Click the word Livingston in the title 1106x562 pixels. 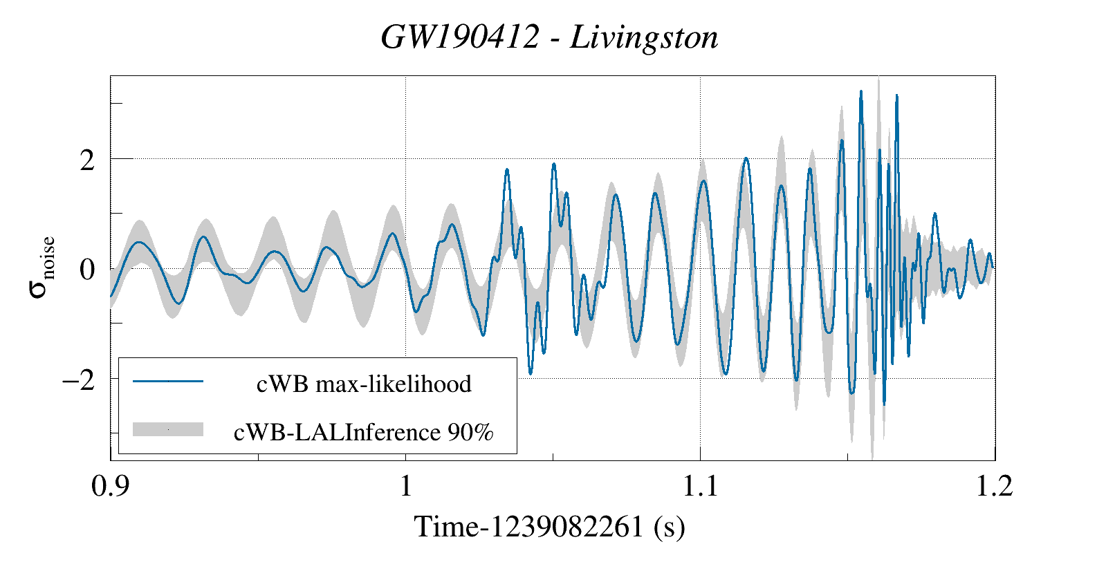point(644,37)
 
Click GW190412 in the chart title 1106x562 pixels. point(459,37)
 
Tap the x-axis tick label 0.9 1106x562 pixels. point(111,486)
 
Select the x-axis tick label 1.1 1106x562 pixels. point(700,486)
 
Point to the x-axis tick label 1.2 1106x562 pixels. point(994,486)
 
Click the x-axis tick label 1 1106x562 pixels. point(406,486)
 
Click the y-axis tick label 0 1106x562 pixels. point(87,270)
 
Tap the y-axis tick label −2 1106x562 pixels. point(78,380)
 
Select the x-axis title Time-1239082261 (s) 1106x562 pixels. point(549,527)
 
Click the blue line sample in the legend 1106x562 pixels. point(168,381)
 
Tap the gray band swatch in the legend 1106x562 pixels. point(168,429)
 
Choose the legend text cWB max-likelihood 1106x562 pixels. point(364,384)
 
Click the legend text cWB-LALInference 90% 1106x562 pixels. point(364,432)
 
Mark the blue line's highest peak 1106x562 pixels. point(861,91)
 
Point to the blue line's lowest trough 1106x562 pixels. point(884,404)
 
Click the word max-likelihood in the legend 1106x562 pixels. point(394,384)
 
